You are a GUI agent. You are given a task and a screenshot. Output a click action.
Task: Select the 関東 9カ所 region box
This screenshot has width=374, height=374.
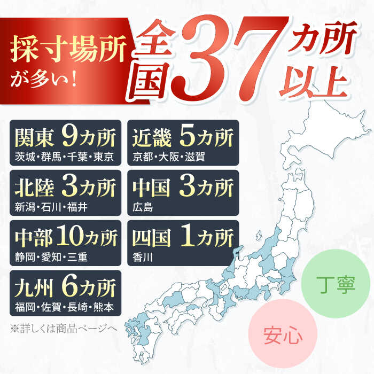point(65,143)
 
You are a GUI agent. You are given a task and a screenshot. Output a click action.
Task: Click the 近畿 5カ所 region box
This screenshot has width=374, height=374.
point(182,143)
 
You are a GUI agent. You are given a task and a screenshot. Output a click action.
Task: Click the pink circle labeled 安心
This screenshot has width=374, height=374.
point(283,337)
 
